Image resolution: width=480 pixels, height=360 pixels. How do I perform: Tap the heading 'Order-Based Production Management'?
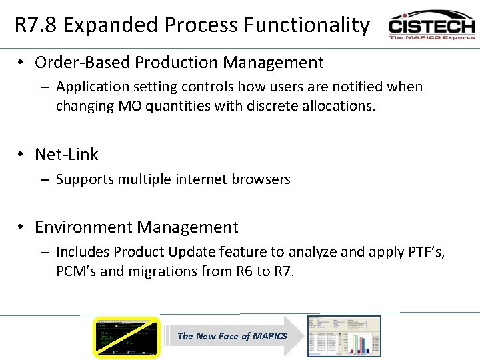tap(179, 63)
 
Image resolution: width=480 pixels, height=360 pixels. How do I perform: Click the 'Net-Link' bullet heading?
tap(66, 154)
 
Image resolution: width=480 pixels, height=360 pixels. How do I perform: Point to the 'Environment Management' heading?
tap(136, 227)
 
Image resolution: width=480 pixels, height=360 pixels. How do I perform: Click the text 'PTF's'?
tap(425, 252)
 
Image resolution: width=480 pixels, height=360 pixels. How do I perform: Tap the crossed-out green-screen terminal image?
tap(127, 337)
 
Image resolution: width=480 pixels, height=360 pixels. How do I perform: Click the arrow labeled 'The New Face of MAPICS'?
tap(232, 336)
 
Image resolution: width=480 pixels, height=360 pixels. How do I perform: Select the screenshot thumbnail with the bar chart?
tap(343, 336)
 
